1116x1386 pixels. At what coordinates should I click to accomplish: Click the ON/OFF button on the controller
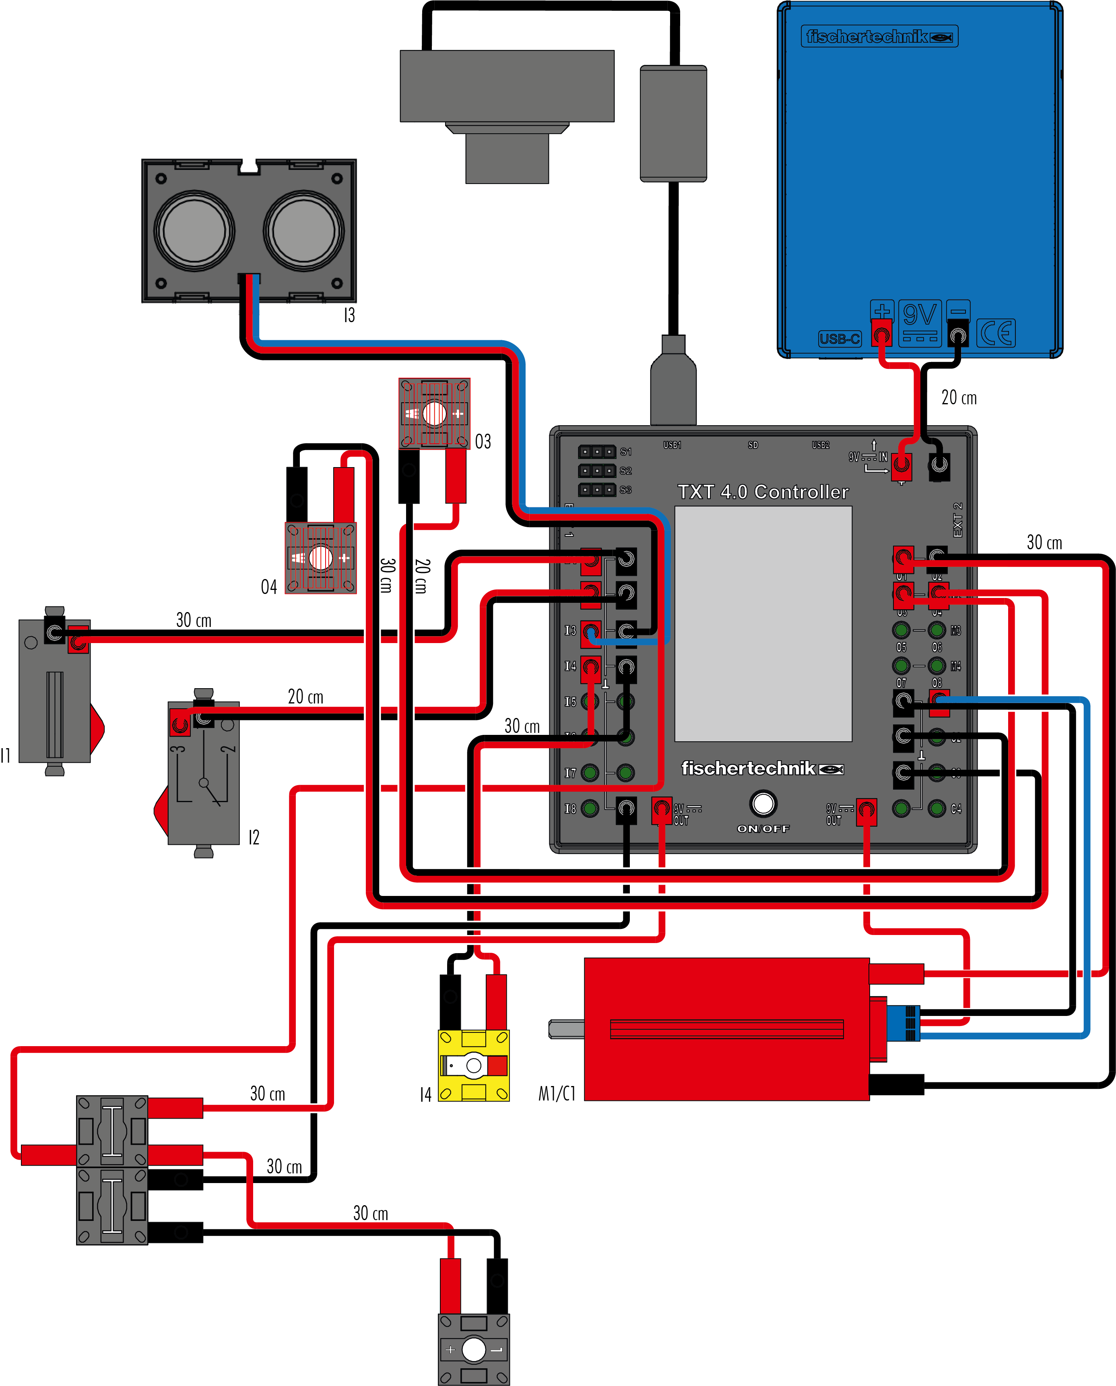click(x=763, y=803)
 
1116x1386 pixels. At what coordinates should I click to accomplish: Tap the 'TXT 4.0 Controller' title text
click(x=763, y=492)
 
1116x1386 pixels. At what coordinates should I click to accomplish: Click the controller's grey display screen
click(x=763, y=624)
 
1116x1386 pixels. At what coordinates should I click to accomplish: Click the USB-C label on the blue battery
click(x=840, y=338)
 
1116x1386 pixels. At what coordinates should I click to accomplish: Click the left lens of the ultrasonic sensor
click(x=194, y=230)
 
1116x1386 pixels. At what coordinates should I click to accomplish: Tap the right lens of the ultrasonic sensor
click(x=303, y=230)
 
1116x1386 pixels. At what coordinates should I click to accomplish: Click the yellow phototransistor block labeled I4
click(x=474, y=1066)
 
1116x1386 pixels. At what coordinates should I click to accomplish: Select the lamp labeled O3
click(x=435, y=414)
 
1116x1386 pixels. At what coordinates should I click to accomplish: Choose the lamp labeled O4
click(x=320, y=558)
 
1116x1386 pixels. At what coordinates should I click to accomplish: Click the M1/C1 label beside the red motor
click(x=557, y=1093)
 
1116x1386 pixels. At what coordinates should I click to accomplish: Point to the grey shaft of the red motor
click(x=566, y=1029)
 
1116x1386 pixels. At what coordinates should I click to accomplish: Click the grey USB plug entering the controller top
click(x=673, y=386)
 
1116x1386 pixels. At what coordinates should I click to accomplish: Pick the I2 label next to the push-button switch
click(x=254, y=838)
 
